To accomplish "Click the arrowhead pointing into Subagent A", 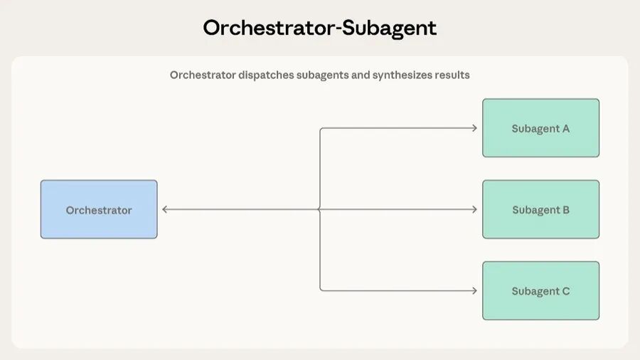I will [474, 128].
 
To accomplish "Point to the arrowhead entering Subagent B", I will [474, 209].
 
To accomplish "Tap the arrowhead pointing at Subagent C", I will [474, 290].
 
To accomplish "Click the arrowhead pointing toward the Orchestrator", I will [165, 209].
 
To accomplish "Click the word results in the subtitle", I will [453, 75].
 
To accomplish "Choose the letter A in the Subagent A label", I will [566, 129].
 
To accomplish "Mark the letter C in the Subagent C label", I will [566, 291].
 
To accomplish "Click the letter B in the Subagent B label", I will [566, 210].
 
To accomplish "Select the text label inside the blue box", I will [99, 210].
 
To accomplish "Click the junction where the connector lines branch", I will [320, 209].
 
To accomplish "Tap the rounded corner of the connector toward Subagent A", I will [321, 129].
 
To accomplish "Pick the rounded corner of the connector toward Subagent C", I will [321, 289].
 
